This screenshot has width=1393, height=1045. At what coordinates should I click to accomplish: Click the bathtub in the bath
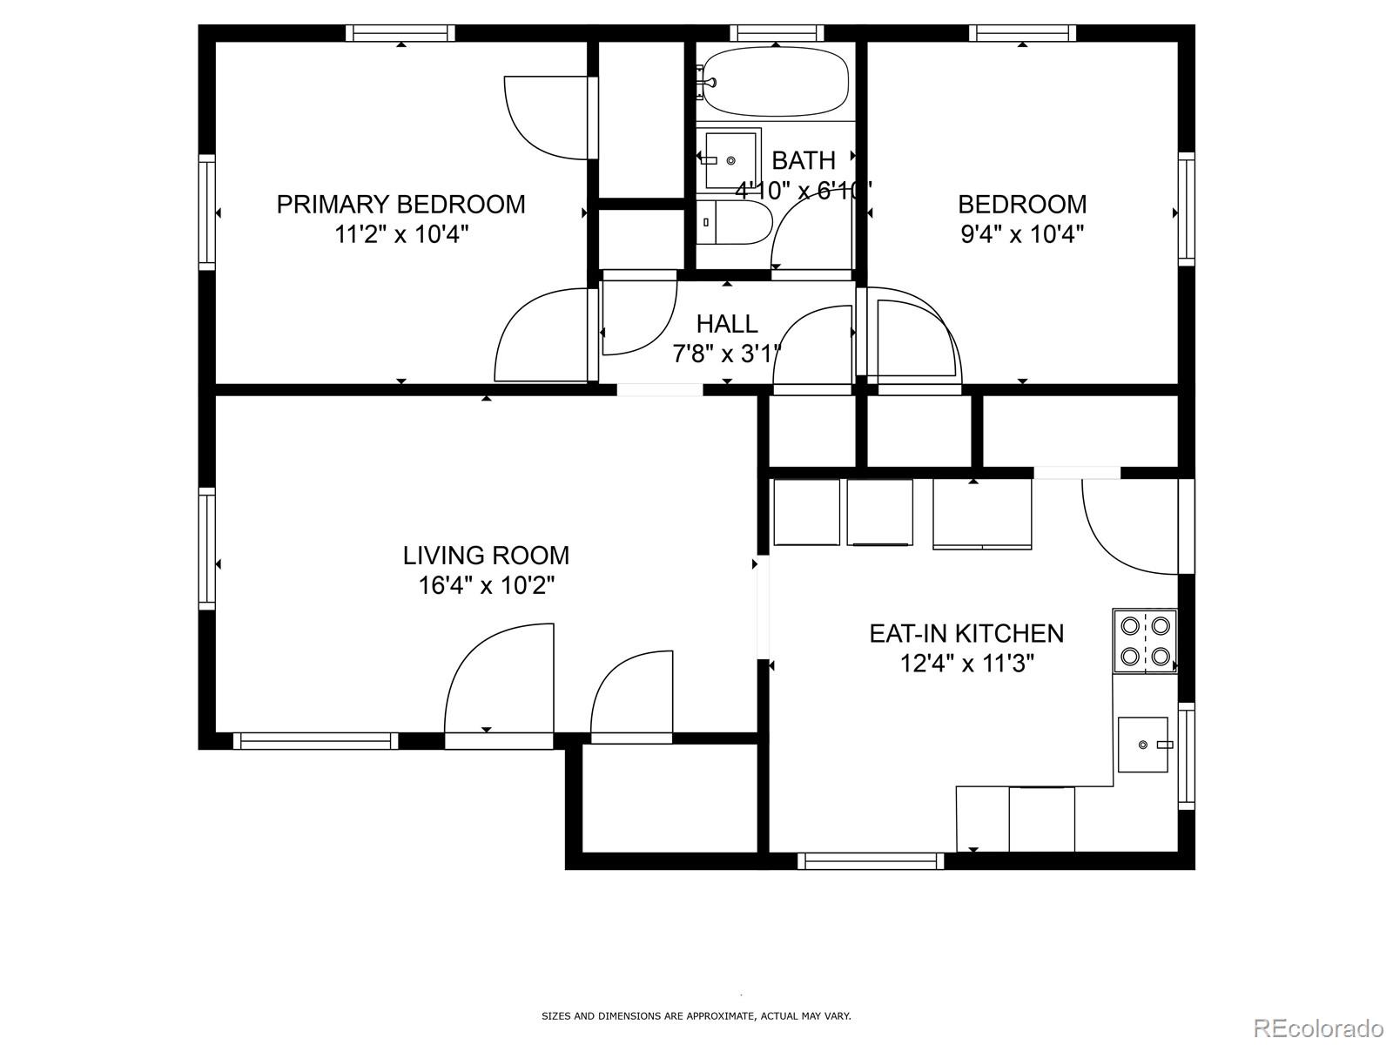[775, 82]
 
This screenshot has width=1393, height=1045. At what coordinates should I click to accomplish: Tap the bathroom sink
[729, 160]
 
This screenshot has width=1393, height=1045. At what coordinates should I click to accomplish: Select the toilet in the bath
[734, 222]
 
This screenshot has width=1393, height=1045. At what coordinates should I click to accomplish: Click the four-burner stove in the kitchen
[1144, 641]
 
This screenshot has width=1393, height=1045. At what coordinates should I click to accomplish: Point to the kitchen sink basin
[1142, 745]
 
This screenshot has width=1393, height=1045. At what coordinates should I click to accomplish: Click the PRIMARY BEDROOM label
[401, 205]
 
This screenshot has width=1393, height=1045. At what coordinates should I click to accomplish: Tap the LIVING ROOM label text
[486, 556]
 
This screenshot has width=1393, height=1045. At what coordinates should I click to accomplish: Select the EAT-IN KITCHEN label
[966, 633]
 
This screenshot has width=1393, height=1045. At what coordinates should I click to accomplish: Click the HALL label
[727, 324]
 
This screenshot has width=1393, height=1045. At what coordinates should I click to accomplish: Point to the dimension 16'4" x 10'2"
[486, 585]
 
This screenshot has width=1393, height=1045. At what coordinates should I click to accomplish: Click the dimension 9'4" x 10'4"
[1022, 235]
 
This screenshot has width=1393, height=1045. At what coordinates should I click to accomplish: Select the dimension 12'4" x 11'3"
[967, 664]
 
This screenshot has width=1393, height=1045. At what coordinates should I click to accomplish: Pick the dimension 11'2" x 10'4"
[401, 235]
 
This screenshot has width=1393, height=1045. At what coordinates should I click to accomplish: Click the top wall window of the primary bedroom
[400, 33]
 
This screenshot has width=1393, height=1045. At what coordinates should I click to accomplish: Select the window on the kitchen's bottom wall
[871, 861]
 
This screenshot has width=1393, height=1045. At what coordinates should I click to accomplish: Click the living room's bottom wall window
[315, 741]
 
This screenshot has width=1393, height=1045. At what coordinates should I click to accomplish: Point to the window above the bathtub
[777, 33]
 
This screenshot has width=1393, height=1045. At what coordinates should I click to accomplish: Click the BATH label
[804, 160]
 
